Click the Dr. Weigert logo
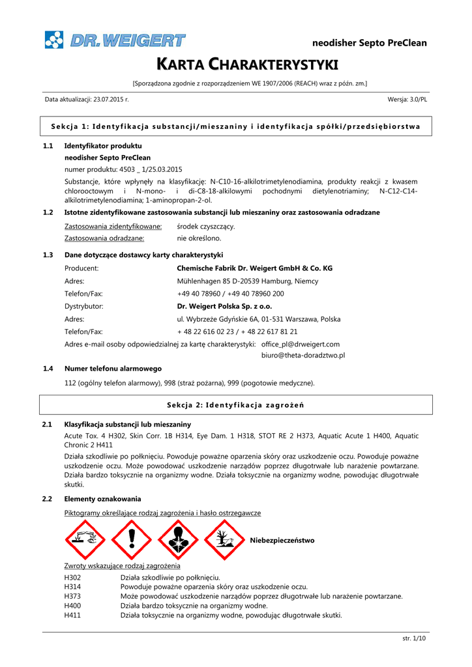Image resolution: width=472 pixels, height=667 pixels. pos(115,40)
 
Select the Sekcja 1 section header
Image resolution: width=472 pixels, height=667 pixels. pos(235,126)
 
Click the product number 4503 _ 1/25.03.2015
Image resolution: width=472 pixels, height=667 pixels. pos(123,169)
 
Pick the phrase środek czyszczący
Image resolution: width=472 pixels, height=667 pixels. pos(206,226)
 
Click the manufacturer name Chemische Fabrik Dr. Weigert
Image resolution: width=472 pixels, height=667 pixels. pos(254,268)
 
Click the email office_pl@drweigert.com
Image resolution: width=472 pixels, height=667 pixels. pos(300,344)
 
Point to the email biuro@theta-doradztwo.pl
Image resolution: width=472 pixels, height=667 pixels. pos(302,356)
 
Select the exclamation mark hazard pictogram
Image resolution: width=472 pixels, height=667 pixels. pos(132,540)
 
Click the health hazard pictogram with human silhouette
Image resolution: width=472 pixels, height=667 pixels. pos(177,540)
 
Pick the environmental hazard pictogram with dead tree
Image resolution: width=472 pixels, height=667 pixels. pos(223,540)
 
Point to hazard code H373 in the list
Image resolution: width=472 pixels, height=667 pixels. pos(72,596)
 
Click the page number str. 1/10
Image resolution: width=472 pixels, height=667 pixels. pos(414,638)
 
